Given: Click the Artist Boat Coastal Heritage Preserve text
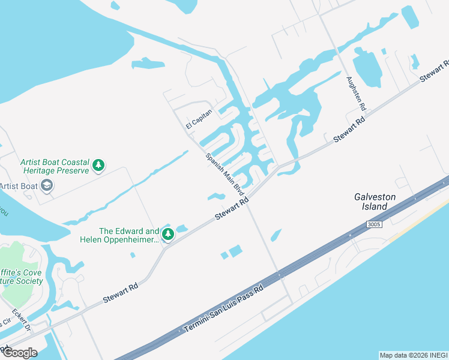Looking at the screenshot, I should [55, 166].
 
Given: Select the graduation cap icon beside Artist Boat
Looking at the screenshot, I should [46, 185].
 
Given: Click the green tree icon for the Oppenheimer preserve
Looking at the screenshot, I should [169, 234].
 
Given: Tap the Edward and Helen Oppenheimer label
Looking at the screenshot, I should [120, 236].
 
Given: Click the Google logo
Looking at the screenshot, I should [20, 352].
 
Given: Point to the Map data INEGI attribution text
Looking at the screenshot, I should [413, 355].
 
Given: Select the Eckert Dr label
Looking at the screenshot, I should [22, 320].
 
